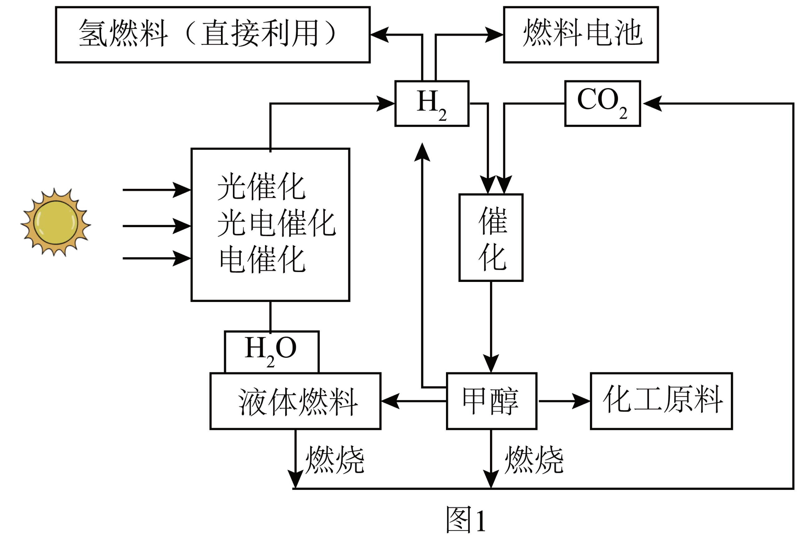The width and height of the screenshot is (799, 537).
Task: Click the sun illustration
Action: (x=56, y=222)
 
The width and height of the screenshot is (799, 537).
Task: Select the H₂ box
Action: (x=431, y=103)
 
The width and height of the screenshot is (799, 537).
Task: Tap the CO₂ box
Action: (x=602, y=103)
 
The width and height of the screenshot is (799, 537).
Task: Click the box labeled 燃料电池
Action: (x=581, y=35)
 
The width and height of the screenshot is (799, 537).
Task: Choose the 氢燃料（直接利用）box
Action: (x=213, y=35)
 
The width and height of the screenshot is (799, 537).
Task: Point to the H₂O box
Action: (x=272, y=351)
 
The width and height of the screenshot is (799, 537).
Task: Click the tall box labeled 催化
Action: (x=491, y=238)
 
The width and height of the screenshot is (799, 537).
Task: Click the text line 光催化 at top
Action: (x=262, y=187)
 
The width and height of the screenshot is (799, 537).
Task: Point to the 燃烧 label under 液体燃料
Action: (x=335, y=460)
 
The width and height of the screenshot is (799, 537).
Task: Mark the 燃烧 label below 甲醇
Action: (x=534, y=460)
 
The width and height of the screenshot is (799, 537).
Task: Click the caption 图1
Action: (x=466, y=520)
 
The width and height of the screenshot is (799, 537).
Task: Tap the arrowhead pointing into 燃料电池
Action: (x=495, y=35)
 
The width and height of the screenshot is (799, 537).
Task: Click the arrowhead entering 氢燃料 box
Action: (x=379, y=35)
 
